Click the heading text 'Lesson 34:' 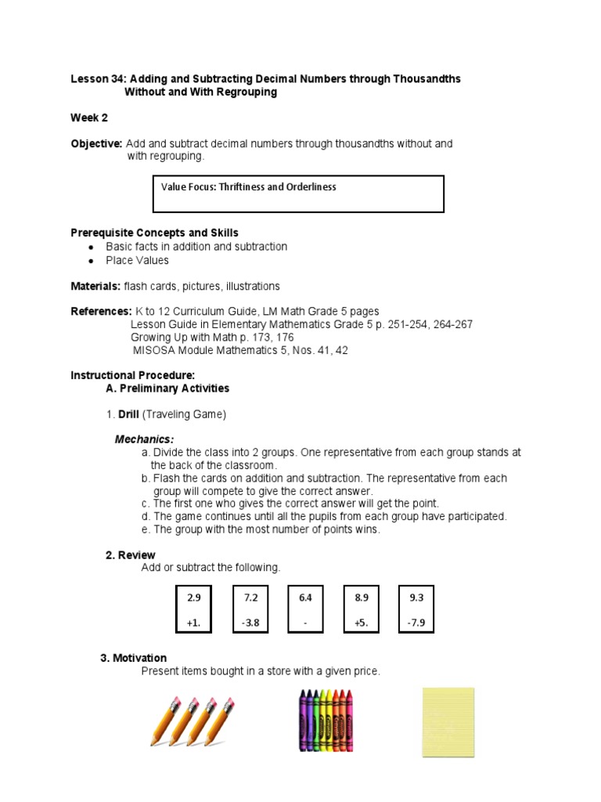(99, 79)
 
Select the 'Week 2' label (89, 118)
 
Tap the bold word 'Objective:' (96, 144)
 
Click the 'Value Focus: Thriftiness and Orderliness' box (297, 193)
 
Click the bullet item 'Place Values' (137, 260)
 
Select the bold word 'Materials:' (95, 287)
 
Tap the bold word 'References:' (101, 312)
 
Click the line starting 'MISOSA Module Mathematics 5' (240, 350)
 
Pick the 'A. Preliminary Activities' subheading (167, 388)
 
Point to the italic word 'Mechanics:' (145, 439)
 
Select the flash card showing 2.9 (194, 610)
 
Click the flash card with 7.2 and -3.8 (250, 610)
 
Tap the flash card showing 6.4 (305, 610)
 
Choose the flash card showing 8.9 (361, 610)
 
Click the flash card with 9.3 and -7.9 (416, 610)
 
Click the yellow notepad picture (448, 722)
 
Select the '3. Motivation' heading (134, 658)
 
